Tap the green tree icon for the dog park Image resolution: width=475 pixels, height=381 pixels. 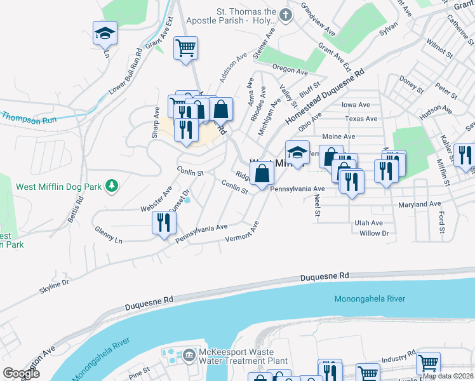pos(112,185)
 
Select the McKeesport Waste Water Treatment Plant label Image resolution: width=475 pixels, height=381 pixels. pos(235,357)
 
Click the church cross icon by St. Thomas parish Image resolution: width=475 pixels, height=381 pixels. pos(286,15)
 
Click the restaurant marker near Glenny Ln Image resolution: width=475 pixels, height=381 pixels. pos(164,224)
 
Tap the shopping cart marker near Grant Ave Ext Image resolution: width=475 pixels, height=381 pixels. pos(185,48)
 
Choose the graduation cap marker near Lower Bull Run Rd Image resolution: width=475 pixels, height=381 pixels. pos(105,34)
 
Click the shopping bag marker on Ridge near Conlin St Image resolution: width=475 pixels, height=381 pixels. pos(262,173)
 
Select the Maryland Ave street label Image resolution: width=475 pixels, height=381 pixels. pos(419,204)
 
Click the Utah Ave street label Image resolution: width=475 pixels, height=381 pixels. pos(369,223)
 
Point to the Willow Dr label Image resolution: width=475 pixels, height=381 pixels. pos(374,233)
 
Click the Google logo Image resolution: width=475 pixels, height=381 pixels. pos(21,373)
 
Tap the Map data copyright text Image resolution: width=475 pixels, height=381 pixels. pos(448,376)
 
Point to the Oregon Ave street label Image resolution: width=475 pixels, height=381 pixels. pos(290,69)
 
